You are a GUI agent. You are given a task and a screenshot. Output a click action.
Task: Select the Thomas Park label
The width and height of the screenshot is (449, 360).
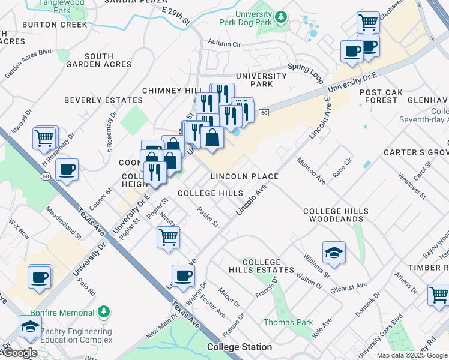pos(288,322)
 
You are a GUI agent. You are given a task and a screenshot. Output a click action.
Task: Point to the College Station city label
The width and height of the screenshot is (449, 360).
pos(240,347)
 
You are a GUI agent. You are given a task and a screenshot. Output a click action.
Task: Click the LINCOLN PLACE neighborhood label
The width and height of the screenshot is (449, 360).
pos(244,176)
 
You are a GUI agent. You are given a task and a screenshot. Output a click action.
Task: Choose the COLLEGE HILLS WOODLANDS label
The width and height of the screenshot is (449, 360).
pos(333,215)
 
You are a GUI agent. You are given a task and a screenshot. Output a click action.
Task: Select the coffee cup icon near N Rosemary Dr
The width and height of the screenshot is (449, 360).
pos(67,169)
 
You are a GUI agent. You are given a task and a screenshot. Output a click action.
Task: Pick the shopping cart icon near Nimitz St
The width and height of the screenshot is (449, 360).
pos(169,236)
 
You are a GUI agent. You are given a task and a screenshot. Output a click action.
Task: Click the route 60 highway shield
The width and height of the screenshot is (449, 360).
pos(263,112)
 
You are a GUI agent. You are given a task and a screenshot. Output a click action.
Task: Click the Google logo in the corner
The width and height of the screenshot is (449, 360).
pos(19,353)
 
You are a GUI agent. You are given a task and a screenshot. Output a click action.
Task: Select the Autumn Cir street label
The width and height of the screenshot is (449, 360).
pos(224,43)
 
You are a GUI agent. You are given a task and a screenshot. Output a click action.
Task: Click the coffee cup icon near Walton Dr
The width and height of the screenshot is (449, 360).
pos(184,275)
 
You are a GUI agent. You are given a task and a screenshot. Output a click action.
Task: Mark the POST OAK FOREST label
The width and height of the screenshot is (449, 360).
pos(379,96)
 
